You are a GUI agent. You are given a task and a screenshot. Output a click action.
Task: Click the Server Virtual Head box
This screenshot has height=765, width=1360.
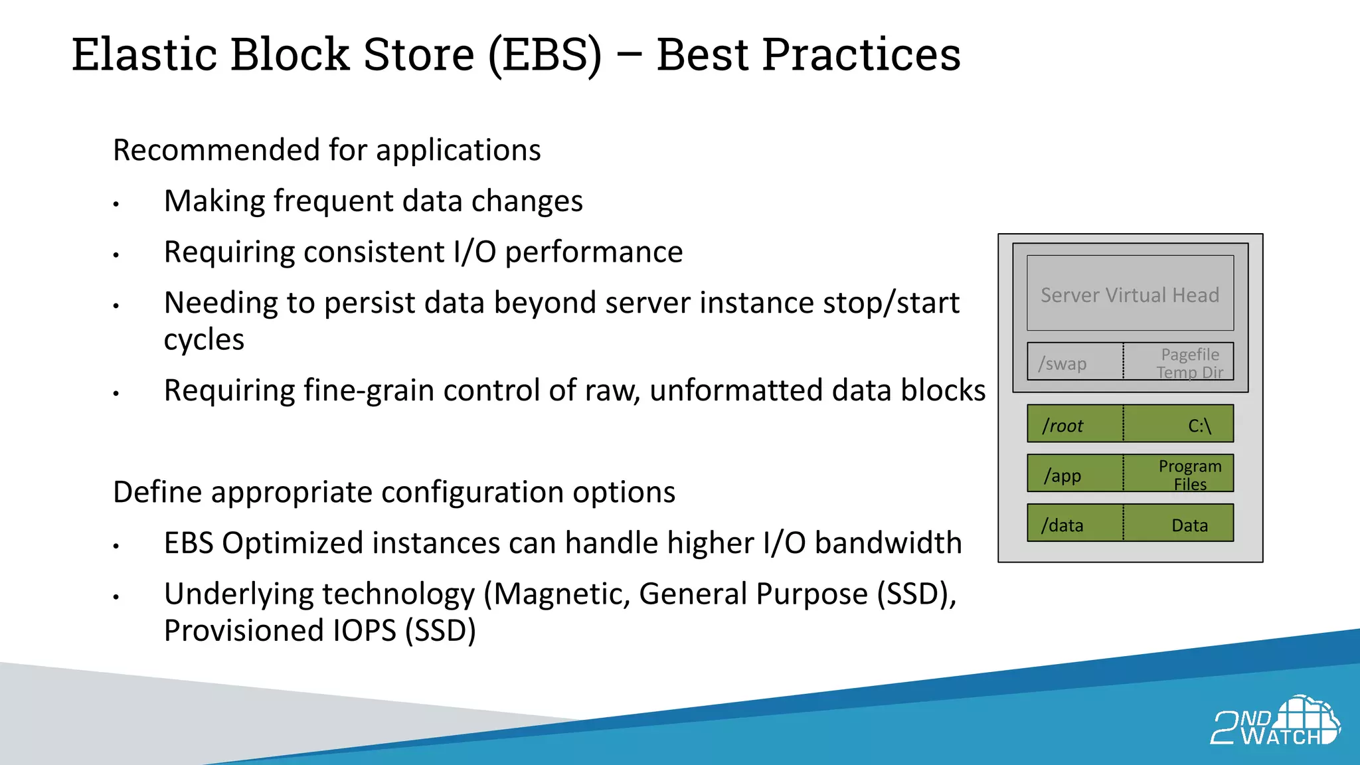click(1130, 294)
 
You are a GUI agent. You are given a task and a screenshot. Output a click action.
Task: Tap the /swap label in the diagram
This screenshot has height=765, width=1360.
click(1062, 364)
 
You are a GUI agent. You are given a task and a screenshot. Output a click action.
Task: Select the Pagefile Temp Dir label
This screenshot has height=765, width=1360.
click(1189, 363)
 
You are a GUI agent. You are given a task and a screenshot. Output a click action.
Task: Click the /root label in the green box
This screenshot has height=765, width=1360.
click(1062, 426)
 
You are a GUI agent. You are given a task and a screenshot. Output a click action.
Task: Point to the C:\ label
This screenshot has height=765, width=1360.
click(1199, 426)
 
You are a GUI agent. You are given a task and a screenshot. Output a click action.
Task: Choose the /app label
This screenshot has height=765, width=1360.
click(1062, 475)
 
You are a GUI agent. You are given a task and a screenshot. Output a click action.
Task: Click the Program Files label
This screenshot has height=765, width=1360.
click(1189, 475)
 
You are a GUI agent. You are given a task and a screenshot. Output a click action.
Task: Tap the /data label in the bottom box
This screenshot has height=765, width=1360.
click(1062, 525)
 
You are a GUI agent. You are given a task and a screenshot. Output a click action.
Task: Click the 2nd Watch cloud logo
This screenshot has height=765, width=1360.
click(1276, 721)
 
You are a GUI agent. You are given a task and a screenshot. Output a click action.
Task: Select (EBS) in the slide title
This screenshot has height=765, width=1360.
click(545, 54)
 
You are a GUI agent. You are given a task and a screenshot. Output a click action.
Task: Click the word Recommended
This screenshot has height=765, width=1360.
click(215, 150)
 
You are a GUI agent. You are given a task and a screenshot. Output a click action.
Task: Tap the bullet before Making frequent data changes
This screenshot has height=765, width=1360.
click(116, 204)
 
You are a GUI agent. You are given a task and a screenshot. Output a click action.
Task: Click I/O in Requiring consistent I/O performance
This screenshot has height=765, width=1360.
click(474, 252)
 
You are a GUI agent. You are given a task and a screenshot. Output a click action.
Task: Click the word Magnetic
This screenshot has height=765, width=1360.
click(560, 594)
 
